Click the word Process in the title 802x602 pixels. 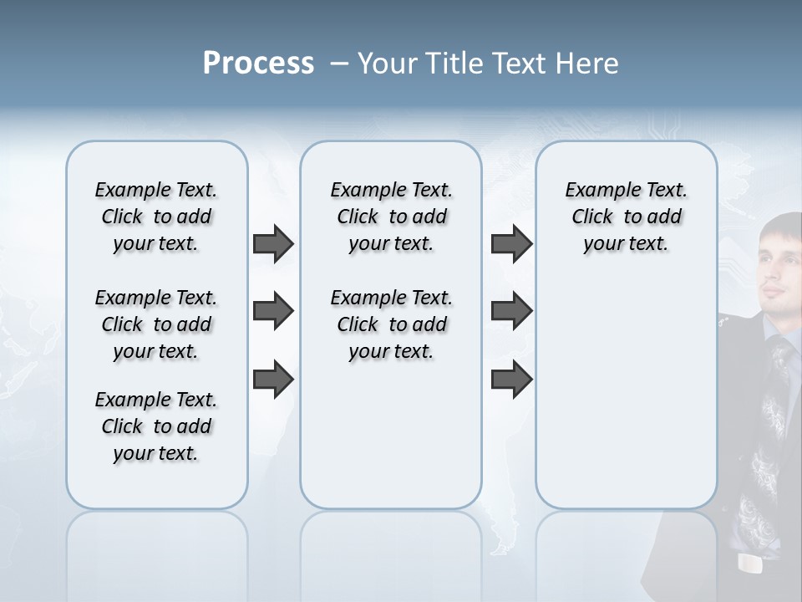pyautogui.click(x=258, y=63)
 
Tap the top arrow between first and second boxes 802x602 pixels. pyautogui.click(x=273, y=244)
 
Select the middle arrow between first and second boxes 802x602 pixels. pyautogui.click(x=273, y=311)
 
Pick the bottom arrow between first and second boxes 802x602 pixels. pyautogui.click(x=273, y=379)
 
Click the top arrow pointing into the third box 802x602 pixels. pyautogui.click(x=511, y=244)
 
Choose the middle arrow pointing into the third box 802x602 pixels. pyautogui.click(x=511, y=311)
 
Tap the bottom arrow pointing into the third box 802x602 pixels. pyautogui.click(x=511, y=379)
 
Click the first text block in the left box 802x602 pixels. pyautogui.click(x=156, y=217)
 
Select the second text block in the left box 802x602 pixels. pyautogui.click(x=156, y=324)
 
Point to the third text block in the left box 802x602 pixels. pyautogui.click(x=156, y=426)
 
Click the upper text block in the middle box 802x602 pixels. pyautogui.click(x=391, y=217)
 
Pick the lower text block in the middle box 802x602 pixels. pyautogui.click(x=391, y=324)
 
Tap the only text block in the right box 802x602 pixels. pyautogui.click(x=626, y=217)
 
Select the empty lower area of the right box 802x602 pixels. pyautogui.click(x=626, y=393)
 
